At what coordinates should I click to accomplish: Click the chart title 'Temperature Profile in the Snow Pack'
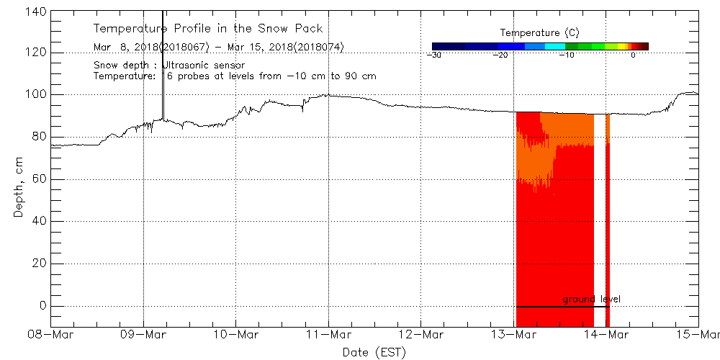pos(208,29)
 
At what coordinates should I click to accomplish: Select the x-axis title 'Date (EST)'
pos(374,352)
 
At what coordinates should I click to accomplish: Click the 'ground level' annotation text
pos(592,299)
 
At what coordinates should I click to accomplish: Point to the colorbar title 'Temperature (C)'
pos(539,33)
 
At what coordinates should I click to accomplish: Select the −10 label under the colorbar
pos(567,55)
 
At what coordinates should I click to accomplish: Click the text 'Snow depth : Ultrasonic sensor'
pos(169,66)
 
